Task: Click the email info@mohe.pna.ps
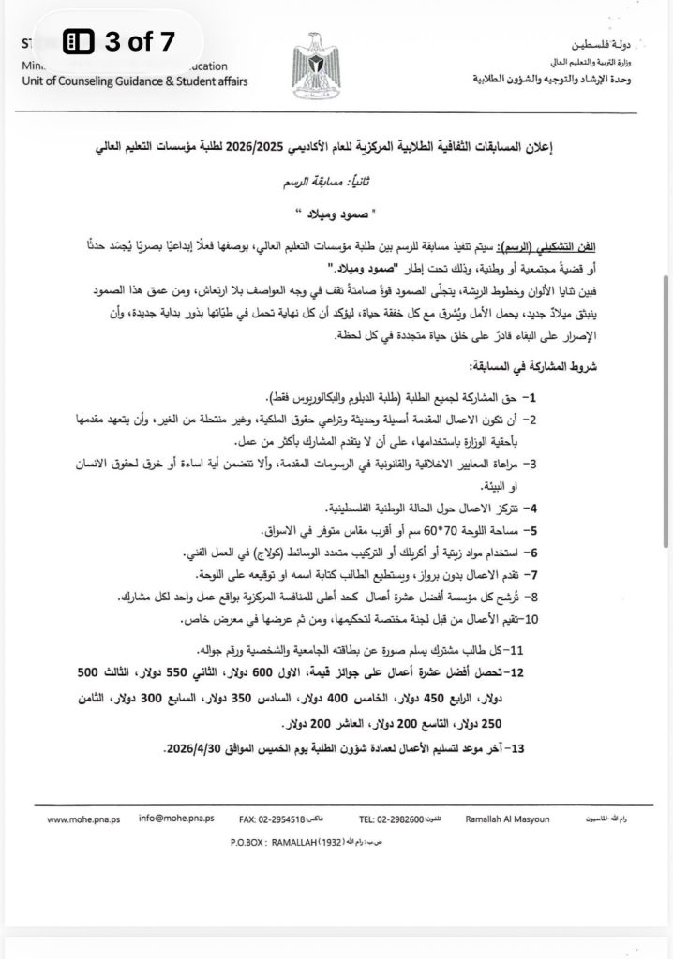click(175, 819)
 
